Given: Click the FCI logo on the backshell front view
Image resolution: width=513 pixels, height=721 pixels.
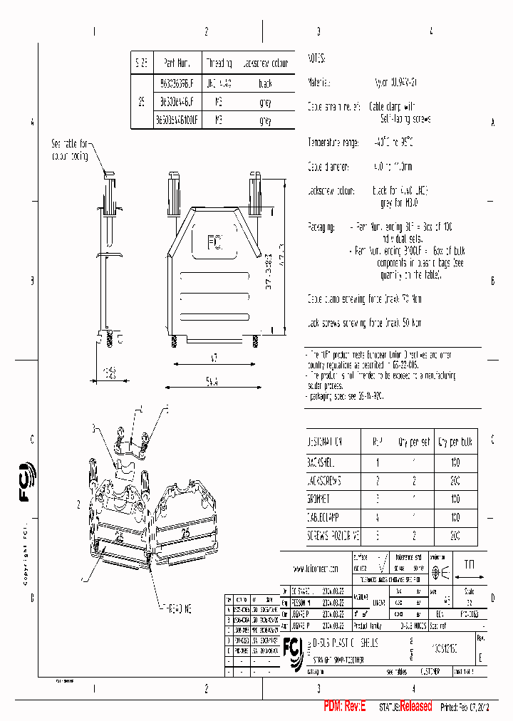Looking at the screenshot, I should pos(214,243).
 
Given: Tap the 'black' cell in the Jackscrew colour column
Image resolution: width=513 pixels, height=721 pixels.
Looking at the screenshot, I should pos(265,83).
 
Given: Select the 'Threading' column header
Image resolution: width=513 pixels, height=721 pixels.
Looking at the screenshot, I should pos(219,62).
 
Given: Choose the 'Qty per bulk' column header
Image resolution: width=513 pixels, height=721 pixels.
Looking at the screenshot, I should pos(455,441).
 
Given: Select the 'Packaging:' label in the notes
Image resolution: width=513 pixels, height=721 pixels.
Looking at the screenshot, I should pos(321,227).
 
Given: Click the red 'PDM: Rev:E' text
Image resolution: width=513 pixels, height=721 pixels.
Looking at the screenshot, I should pos(344,706).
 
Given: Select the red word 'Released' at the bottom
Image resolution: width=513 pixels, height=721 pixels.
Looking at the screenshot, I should pos(415,706).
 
